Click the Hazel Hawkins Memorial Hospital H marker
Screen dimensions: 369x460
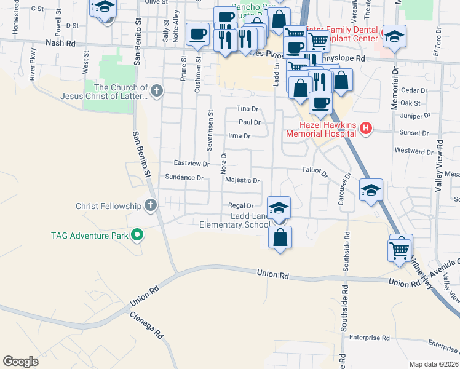366,129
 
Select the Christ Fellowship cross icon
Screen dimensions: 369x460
150,205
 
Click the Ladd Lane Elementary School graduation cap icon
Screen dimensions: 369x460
279,208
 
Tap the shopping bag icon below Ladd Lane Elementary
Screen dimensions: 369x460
280,237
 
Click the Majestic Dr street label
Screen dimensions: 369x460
243,181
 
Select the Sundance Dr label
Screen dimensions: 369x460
184,177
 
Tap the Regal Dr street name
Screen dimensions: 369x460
241,206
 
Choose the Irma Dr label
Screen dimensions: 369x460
239,136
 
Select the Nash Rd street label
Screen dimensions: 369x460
60,44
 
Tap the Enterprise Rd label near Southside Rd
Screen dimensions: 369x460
370,338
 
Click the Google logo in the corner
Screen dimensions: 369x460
20,362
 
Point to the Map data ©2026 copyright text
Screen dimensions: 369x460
434,364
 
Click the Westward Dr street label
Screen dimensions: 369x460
414,151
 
